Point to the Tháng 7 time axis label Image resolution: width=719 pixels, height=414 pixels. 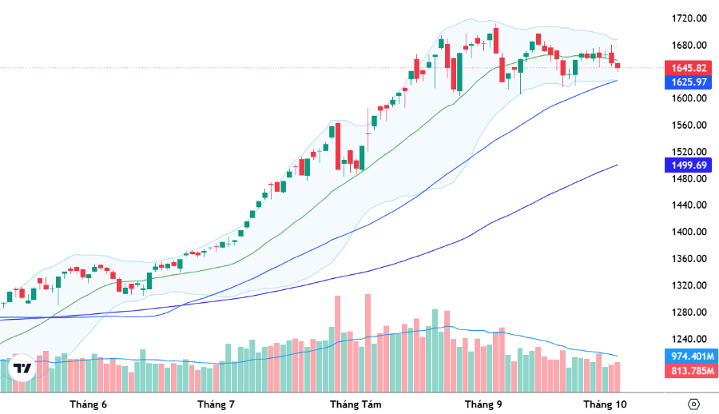pyautogui.click(x=216, y=404)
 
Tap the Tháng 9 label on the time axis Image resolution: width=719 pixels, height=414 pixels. pyautogui.click(x=483, y=404)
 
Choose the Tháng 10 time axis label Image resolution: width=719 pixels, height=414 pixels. pyautogui.click(x=605, y=404)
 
